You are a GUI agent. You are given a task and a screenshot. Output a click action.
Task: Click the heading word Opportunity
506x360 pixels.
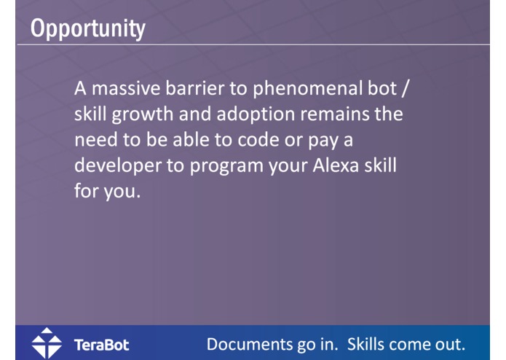(88, 28)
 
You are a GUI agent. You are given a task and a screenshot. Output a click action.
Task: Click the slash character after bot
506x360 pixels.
(412, 90)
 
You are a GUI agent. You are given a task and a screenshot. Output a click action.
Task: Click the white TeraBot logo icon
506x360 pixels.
(47, 343)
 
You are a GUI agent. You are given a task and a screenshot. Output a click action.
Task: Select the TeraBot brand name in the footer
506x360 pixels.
(101, 344)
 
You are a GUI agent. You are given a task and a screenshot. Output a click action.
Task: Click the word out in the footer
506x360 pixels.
(451, 343)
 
